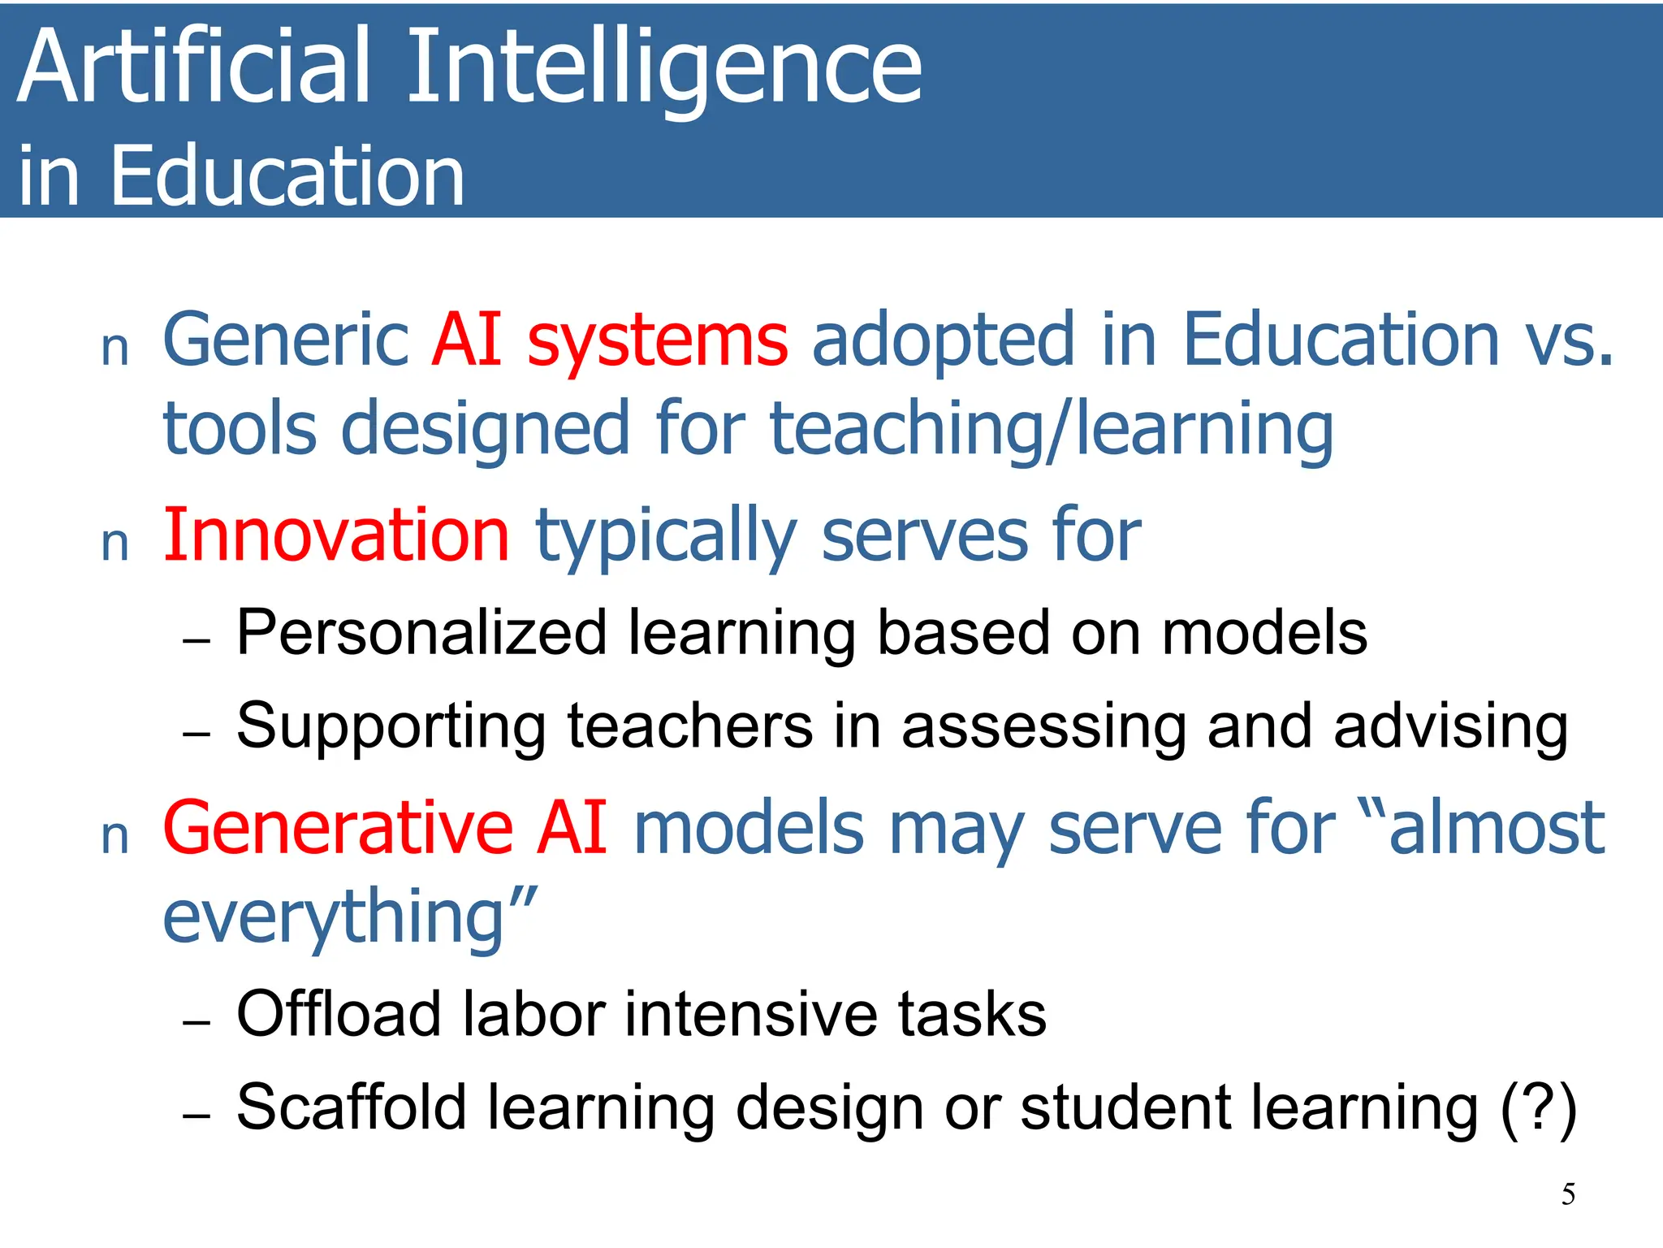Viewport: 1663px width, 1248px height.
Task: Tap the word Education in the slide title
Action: coord(287,175)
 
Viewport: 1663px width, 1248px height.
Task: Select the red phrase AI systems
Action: coord(609,340)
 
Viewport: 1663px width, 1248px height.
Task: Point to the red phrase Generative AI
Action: coord(385,828)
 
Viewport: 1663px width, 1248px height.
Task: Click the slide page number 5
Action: coord(1568,1194)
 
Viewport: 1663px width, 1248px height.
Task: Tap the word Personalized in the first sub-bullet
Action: coord(421,634)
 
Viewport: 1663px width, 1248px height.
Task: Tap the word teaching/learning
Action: coord(1052,429)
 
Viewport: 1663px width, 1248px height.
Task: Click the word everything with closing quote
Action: coord(349,919)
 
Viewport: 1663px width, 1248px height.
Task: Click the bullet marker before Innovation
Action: coord(115,544)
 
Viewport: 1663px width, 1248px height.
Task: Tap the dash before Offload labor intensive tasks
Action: coord(197,1022)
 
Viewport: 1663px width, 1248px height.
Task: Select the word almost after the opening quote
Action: coord(1496,828)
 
